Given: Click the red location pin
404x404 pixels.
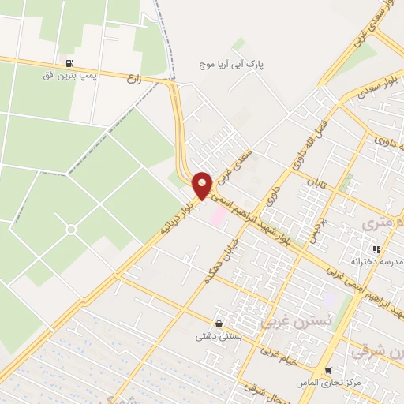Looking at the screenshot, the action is (x=203, y=185).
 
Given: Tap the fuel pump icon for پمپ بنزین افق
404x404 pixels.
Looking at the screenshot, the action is (x=71, y=64).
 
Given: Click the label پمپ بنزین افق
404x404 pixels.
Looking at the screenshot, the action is (x=71, y=77).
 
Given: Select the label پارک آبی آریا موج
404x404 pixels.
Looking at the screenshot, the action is (x=240, y=62).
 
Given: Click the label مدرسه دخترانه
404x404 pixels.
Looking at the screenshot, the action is (x=377, y=261).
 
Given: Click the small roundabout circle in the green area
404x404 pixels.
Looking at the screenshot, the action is (x=71, y=230).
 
